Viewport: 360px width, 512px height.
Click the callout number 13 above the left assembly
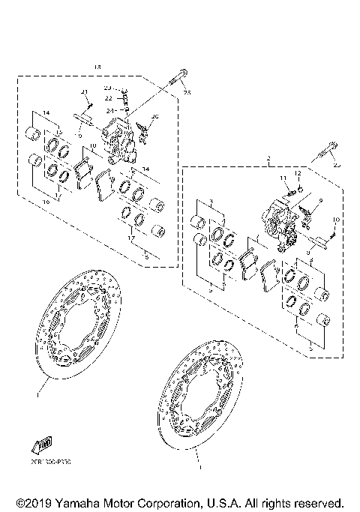click(x=96, y=67)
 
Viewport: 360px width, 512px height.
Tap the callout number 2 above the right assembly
click(x=268, y=158)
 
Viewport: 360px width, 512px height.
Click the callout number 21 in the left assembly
click(x=85, y=91)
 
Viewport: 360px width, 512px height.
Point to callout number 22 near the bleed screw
click(x=109, y=98)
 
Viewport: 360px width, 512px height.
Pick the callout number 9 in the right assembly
click(x=321, y=201)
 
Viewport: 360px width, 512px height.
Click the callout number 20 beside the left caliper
click(x=155, y=118)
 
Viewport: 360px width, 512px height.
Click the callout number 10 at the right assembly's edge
click(x=336, y=220)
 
